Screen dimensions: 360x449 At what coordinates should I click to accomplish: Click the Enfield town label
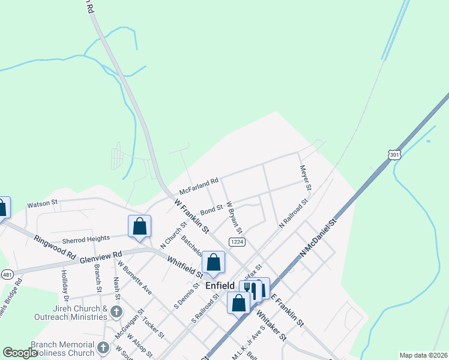[220, 286]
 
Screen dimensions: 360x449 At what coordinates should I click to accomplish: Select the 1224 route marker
[235, 241]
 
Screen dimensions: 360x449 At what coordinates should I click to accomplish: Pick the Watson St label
[42, 204]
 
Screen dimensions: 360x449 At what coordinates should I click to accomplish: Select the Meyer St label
[306, 178]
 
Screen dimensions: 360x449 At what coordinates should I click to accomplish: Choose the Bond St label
[211, 211]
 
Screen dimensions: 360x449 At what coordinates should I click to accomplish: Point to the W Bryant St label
[234, 217]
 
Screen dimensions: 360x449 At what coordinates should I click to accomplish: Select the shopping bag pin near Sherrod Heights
[139, 226]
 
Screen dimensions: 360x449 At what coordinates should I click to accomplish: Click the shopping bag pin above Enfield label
[213, 262]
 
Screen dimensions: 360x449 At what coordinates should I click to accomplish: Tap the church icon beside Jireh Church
[116, 312]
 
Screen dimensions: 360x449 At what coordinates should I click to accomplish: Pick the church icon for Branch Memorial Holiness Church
[103, 347]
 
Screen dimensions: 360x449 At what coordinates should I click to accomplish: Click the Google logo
[20, 353]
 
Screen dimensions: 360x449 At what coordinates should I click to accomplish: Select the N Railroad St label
[293, 214]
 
